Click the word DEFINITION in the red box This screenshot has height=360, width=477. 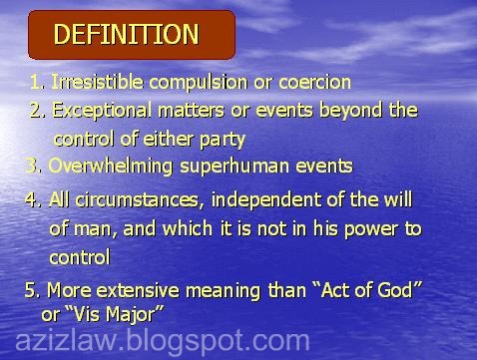(126, 35)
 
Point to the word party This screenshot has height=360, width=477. (220, 139)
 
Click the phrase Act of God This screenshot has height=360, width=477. (365, 290)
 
